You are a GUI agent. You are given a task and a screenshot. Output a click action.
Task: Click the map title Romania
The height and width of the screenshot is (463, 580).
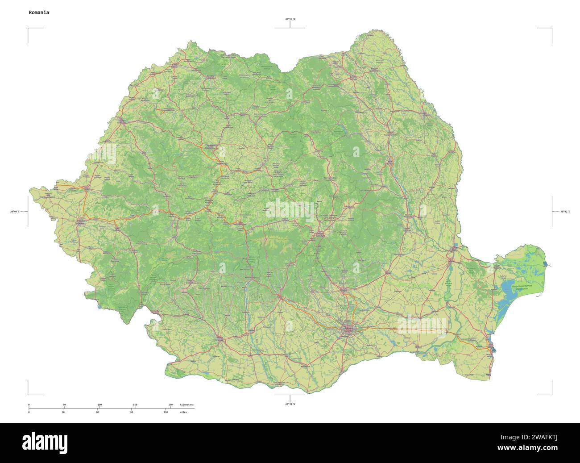coord(39,13)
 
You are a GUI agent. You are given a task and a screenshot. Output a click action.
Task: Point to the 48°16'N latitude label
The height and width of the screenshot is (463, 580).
coord(290,19)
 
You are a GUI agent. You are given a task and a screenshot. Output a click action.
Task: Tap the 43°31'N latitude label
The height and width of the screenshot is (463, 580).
coord(290,404)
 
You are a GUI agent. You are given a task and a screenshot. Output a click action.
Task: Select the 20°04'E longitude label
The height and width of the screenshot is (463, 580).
coord(15,211)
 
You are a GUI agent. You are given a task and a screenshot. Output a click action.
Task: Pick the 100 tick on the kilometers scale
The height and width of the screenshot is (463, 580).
coord(99,405)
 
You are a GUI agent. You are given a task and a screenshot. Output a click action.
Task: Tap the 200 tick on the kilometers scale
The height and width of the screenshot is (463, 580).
coord(170,405)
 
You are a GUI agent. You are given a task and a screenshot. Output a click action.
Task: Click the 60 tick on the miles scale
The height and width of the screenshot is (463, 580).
coord(97,412)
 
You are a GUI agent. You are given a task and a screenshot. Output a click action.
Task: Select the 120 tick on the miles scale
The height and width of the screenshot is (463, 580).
coord(166,412)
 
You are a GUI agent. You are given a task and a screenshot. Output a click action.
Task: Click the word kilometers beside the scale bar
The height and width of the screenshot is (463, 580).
coord(186,405)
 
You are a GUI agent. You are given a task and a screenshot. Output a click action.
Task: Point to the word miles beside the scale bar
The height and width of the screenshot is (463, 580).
coord(183,412)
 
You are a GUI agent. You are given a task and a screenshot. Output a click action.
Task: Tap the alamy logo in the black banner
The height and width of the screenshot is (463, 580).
coord(45,442)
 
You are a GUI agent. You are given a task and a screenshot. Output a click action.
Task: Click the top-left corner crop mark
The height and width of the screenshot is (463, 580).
coord(29,29)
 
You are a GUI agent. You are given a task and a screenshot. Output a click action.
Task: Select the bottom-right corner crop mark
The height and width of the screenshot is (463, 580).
coord(551,394)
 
